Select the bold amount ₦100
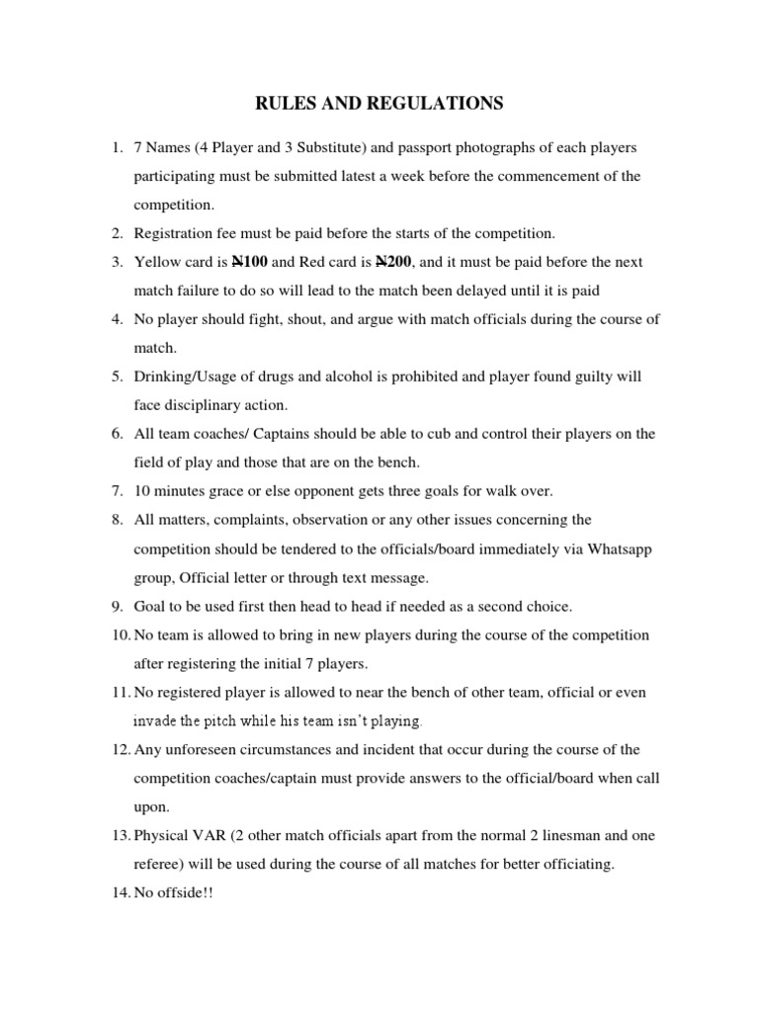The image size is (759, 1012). (249, 262)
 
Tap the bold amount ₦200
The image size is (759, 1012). (394, 262)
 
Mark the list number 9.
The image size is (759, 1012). (116, 606)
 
